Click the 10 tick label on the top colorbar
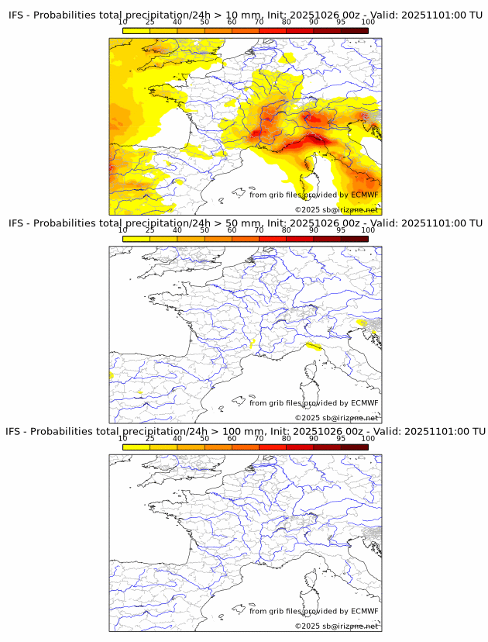click(123, 22)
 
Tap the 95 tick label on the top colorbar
click(341, 22)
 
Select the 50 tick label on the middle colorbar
click(204, 230)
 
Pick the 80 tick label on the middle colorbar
click(287, 230)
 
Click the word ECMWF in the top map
click(364, 195)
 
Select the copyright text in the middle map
click(335, 418)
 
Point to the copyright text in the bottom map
click(335, 626)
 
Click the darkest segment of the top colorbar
click(354, 29)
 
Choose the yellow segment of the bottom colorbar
click(136, 447)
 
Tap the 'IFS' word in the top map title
click(16, 14)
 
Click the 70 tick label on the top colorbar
click(259, 22)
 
